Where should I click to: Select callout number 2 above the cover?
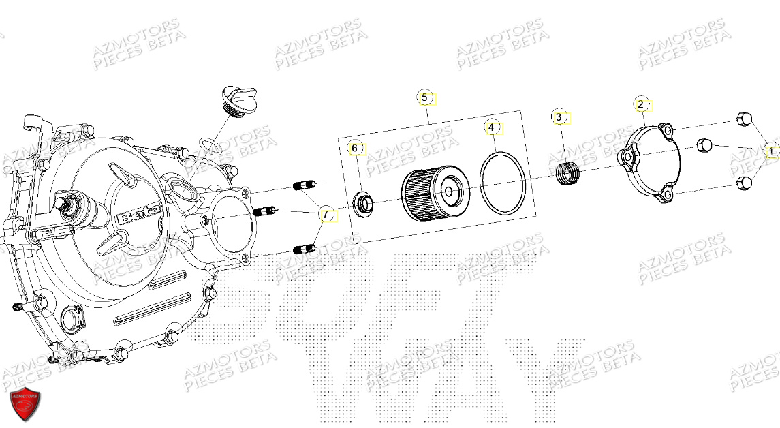coord(640,104)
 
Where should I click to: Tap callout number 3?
coord(559,117)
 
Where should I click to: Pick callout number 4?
coord(493,127)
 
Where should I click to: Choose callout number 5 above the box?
coord(424,98)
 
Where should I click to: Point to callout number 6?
coord(354,148)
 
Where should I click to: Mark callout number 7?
coord(326,215)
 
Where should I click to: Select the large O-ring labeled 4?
coord(502,183)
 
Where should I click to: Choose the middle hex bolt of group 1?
coord(705,145)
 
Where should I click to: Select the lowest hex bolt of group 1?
coord(744,183)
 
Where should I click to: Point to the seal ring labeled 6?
coord(363,203)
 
